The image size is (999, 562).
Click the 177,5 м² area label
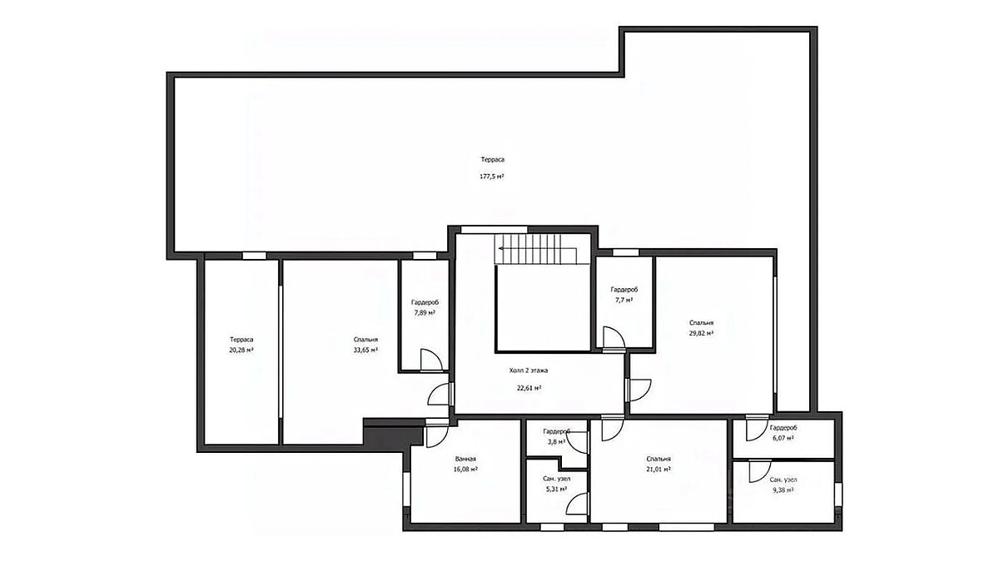492,177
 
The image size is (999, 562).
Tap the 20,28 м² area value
241,351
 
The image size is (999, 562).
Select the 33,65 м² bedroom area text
365,351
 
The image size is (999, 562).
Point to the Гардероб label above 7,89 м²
425,302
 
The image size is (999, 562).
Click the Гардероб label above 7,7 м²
624,290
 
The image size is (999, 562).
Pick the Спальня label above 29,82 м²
702,322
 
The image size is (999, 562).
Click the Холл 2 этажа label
529,371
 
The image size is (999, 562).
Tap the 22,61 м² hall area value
529,388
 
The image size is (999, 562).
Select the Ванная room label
465,459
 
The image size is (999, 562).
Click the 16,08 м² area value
465,470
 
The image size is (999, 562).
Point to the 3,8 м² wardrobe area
557,442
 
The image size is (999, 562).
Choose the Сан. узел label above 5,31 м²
557,479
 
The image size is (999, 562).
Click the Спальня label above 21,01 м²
659,459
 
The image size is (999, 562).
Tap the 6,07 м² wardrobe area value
783,439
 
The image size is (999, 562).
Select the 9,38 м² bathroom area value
783,490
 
